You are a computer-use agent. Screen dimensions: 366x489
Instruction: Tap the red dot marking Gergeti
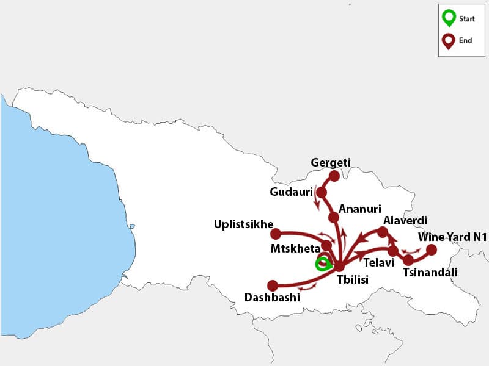point(334,176)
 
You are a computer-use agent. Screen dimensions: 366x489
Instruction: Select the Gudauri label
point(291,192)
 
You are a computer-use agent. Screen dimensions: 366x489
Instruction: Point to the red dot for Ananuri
point(334,217)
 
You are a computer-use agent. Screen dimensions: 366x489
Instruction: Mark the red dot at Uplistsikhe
point(276,234)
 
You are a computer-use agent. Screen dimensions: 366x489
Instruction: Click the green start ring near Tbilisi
point(322,264)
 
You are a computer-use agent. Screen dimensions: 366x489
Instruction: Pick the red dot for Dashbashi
point(273,285)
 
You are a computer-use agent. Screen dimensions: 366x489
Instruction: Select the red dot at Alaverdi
point(383,232)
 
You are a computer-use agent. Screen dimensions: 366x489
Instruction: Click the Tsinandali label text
point(430,273)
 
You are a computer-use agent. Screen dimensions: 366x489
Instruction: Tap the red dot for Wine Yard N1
point(431,249)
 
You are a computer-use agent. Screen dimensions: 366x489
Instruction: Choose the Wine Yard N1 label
point(452,237)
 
